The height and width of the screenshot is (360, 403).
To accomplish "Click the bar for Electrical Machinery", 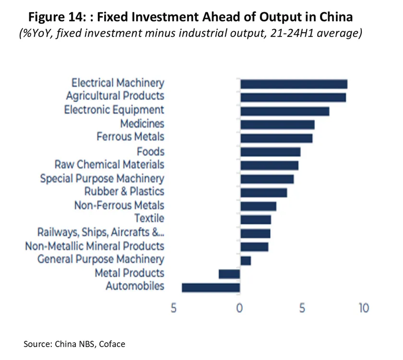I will point(294,84).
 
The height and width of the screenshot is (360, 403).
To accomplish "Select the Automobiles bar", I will point(211,288).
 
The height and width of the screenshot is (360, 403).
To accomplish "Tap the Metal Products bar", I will point(229,274).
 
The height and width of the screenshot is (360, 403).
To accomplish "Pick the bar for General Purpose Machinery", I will point(246,261).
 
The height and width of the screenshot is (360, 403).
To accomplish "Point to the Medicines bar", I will point(277,125).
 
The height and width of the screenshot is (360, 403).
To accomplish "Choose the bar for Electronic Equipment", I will point(284,111).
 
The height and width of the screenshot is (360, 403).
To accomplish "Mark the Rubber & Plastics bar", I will point(263,192).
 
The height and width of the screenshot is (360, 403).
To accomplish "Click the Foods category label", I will point(151,152).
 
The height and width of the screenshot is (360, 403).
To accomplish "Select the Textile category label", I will point(149,219).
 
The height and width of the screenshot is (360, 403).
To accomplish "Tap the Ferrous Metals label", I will point(130,137).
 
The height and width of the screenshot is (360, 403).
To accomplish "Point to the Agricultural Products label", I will point(115,96).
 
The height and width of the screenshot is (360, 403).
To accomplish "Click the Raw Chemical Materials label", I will point(109,165).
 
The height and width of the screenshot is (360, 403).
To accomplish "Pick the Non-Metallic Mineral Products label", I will point(95,246).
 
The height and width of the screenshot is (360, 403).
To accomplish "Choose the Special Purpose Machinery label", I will point(102,179).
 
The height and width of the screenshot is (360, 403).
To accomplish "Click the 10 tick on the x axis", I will point(364,308).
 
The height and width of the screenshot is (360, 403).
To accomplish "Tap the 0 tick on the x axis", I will point(239,308).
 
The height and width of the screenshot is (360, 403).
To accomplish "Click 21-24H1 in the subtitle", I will point(273,34).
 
